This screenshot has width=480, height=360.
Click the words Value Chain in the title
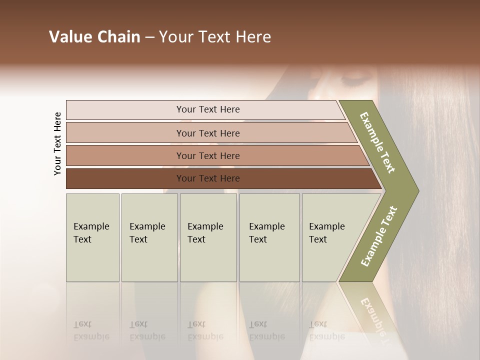tap(94, 37)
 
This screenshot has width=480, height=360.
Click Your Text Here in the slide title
tap(215, 37)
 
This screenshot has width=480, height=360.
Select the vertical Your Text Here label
tap(57, 144)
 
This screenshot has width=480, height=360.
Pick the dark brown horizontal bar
tap(125, 178)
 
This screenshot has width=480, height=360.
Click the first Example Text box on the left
tap(92, 237)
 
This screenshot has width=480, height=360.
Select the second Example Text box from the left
tap(149, 237)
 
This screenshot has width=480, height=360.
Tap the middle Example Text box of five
tap(208, 237)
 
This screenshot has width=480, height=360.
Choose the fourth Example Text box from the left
tap(269, 237)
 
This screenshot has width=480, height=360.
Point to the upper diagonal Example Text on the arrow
tap(377, 142)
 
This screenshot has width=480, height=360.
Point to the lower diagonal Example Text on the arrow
tap(379, 236)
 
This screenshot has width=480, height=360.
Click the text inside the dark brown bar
tap(208, 178)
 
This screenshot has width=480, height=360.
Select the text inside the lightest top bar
tap(208, 109)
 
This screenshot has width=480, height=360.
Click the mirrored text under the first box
tap(91, 330)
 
